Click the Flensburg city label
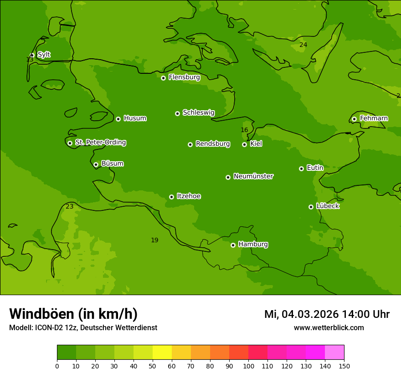coord(184,77)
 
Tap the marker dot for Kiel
coord(244,144)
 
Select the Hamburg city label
coord(253,245)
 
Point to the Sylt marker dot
coord(32,55)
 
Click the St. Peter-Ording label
coord(100,143)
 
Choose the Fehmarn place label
coord(374,118)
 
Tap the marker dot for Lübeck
coord(311,207)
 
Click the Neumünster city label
coord(253,176)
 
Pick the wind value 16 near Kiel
coord(244,130)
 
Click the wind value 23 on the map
coord(69,207)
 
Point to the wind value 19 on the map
coord(154,240)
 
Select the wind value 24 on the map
coord(303,45)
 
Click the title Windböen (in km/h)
coord(73,314)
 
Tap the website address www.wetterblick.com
coord(329,328)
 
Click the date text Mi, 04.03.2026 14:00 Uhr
coord(327,314)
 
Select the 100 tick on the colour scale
coord(248,366)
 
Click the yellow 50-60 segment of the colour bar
coord(162,352)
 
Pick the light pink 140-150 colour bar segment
coord(334,352)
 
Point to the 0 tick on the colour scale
coord(57,366)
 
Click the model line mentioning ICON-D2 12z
coord(83,328)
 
